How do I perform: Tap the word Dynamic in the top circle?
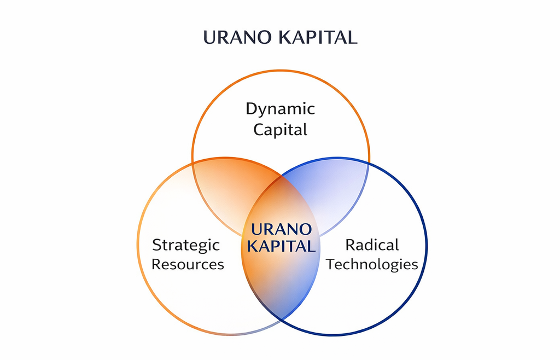(280, 109)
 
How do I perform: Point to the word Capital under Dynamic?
(280, 130)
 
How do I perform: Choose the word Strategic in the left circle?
(186, 245)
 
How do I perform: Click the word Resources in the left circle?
(188, 264)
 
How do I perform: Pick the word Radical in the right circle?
(372, 245)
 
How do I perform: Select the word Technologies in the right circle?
(372, 264)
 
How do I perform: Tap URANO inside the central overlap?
(281, 229)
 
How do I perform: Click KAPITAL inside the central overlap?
(281, 246)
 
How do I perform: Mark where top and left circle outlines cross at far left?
(193, 162)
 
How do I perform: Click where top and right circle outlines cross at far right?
(369, 162)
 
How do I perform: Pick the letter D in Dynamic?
(251, 108)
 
